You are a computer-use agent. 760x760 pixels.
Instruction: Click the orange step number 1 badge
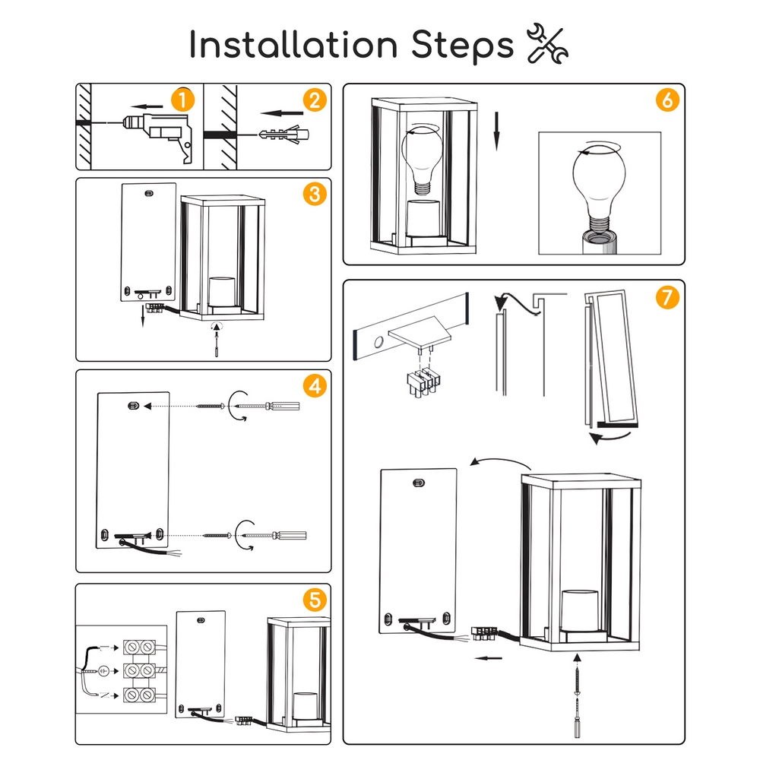click(x=182, y=100)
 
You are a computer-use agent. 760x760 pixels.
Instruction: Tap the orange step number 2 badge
click(x=315, y=100)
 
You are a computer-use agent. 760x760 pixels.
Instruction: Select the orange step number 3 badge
click(x=315, y=194)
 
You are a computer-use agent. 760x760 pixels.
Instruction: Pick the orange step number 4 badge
click(x=315, y=386)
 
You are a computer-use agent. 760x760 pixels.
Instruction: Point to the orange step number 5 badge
click(x=315, y=600)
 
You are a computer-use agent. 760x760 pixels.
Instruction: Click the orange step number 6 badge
click(x=667, y=100)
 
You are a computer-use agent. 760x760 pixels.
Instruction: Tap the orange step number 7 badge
click(x=667, y=296)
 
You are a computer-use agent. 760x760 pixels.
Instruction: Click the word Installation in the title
click(x=293, y=45)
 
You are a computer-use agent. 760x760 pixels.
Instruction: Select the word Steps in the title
click(x=462, y=46)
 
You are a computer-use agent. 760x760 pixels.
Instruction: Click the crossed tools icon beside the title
click(x=548, y=43)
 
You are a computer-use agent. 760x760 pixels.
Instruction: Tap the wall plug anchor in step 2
click(x=284, y=134)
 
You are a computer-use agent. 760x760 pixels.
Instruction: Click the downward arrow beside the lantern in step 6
click(x=496, y=131)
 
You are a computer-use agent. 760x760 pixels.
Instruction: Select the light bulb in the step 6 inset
click(x=599, y=188)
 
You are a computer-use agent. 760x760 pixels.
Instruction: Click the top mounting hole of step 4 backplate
click(x=133, y=406)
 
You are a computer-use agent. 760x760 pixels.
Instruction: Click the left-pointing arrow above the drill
click(x=147, y=106)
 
